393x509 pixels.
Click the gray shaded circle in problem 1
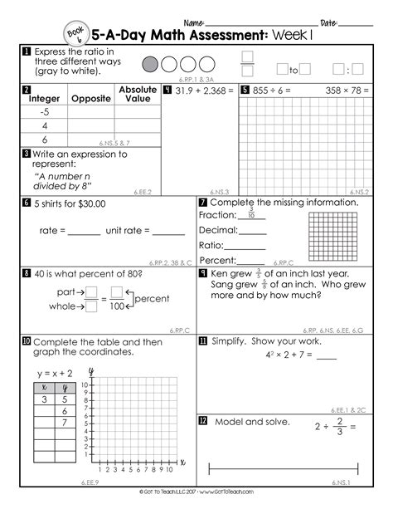point(151,64)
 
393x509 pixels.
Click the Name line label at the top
point(192,22)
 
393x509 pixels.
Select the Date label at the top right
point(328,22)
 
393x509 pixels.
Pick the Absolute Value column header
point(138,94)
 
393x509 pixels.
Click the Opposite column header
point(91,99)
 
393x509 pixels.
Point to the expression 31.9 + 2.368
point(201,91)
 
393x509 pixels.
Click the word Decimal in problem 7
point(218,230)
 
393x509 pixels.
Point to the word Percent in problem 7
point(218,260)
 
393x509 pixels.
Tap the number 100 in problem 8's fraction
point(117,306)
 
